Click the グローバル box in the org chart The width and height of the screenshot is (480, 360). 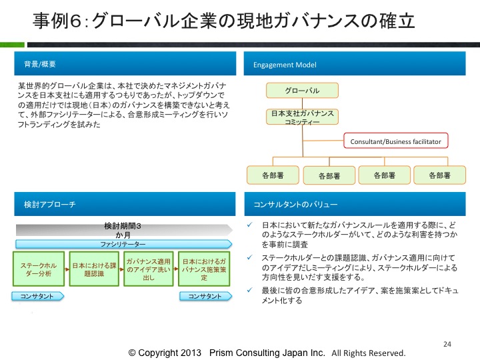point(302,90)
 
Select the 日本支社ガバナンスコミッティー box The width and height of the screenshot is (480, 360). point(302,117)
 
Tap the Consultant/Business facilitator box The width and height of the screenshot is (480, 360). point(396,141)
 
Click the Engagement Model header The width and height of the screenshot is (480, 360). point(355,63)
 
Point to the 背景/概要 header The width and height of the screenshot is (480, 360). point(125,63)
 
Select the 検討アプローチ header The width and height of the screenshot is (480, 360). point(125,204)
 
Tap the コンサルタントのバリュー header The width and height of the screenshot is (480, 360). point(355,204)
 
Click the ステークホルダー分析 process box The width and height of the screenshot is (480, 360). point(39,269)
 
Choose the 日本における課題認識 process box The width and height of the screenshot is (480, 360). point(94,269)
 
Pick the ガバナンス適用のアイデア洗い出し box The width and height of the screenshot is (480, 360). point(149,269)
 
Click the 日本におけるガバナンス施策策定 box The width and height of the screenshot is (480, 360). point(204,269)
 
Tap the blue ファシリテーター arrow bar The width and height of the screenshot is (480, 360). point(124,244)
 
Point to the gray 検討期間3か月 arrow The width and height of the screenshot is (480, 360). point(124,230)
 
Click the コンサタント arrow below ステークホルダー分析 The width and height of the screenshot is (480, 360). point(37,296)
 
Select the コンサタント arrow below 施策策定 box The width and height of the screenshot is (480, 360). point(206,296)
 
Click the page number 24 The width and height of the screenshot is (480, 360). point(447,344)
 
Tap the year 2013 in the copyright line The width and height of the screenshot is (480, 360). point(190,353)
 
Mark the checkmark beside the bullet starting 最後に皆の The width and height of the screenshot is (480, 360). point(250,290)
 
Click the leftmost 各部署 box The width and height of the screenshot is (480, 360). point(273,175)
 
